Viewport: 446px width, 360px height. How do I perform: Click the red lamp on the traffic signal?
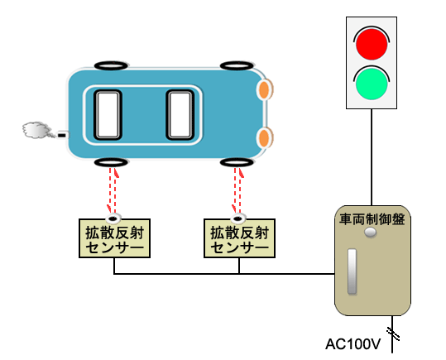(x=372, y=44)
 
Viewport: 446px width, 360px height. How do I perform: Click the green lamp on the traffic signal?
(x=372, y=84)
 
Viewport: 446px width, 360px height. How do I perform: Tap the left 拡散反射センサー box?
(x=114, y=238)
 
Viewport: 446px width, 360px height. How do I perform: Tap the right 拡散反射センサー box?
(x=239, y=238)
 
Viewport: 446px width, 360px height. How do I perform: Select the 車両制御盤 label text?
(x=372, y=219)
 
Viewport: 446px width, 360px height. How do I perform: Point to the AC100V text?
(x=353, y=344)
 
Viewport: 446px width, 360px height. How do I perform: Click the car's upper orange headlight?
(x=265, y=89)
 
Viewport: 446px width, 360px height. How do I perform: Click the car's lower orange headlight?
(x=265, y=137)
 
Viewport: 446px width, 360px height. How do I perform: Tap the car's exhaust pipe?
(x=63, y=135)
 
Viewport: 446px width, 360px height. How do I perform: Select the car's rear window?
(x=108, y=115)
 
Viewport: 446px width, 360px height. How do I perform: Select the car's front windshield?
(x=180, y=115)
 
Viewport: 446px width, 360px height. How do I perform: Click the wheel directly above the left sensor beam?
(x=111, y=162)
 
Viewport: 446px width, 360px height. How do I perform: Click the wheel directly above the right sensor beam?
(x=237, y=162)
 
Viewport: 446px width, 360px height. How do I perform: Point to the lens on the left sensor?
(x=113, y=218)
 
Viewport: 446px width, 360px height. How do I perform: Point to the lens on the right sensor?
(x=238, y=218)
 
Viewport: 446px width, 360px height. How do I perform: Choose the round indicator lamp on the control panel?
(x=371, y=233)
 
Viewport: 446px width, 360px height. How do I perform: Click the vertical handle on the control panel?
(x=352, y=271)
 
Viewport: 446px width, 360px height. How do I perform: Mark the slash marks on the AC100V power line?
(x=393, y=334)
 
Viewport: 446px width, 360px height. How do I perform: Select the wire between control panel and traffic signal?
(x=372, y=157)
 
